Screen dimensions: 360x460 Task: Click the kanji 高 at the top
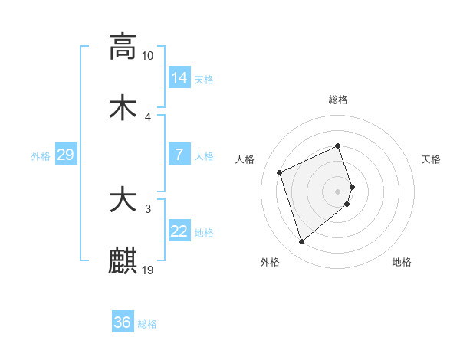click(x=123, y=47)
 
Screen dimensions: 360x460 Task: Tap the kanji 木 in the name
click(x=123, y=107)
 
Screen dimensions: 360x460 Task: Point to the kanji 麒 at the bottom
click(x=123, y=260)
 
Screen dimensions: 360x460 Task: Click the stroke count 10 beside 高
click(x=147, y=56)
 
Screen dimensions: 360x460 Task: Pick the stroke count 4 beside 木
click(x=147, y=116)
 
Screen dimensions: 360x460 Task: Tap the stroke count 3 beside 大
click(x=147, y=208)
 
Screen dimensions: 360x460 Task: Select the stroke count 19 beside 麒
click(x=147, y=270)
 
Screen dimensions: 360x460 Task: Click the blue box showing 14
click(x=179, y=78)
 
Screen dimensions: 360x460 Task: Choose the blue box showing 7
click(x=179, y=155)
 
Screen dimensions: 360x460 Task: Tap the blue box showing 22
click(x=179, y=231)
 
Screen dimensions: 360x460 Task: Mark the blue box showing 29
click(x=65, y=155)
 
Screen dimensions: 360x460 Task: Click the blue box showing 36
click(x=122, y=322)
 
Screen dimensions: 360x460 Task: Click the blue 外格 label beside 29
click(x=41, y=156)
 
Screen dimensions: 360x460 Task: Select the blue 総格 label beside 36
click(x=147, y=324)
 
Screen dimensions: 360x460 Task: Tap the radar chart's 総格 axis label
click(x=338, y=100)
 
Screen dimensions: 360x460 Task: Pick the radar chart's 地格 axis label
click(x=402, y=262)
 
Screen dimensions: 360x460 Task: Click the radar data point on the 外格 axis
click(x=301, y=242)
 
